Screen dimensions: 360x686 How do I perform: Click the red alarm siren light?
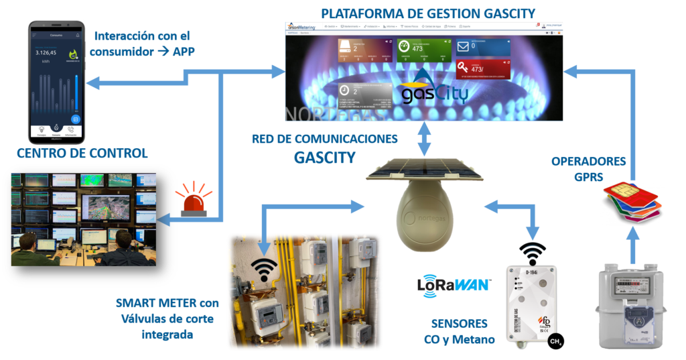194,199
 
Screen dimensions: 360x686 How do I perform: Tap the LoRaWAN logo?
454,286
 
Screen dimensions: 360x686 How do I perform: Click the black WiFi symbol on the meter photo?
266,269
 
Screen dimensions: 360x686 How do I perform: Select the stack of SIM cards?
631,202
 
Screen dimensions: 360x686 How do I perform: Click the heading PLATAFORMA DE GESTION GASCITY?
428,13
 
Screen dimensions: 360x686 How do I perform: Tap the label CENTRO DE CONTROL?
82,153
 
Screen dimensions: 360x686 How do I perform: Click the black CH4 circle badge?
555,343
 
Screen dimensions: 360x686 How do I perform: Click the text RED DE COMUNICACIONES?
325,139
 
